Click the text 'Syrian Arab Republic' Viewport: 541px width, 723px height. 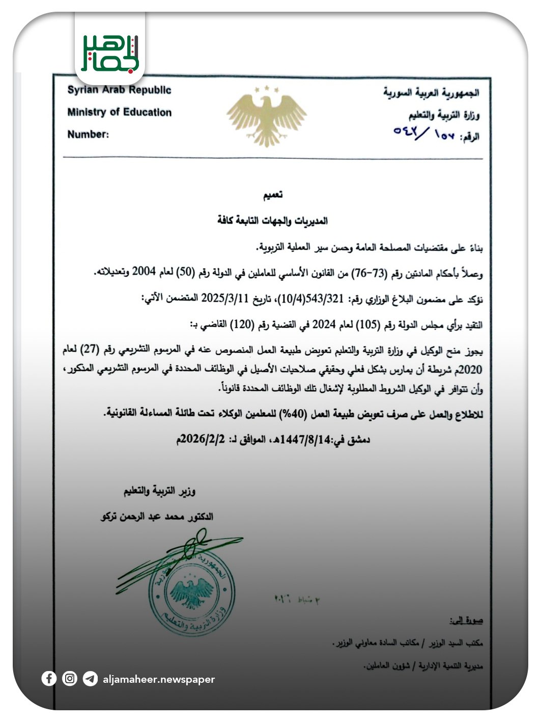point(119,90)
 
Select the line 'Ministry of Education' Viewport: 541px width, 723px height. point(119,112)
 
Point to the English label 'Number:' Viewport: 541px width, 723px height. point(88,135)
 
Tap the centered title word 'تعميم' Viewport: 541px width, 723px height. point(272,195)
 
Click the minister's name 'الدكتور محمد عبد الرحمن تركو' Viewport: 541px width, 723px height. point(157,517)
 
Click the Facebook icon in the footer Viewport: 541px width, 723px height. point(49,679)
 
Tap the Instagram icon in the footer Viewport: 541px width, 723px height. point(70,679)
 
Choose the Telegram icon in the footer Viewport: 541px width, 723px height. point(90,679)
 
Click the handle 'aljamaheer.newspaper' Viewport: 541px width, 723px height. point(159,679)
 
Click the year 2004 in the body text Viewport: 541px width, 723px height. point(144,273)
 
